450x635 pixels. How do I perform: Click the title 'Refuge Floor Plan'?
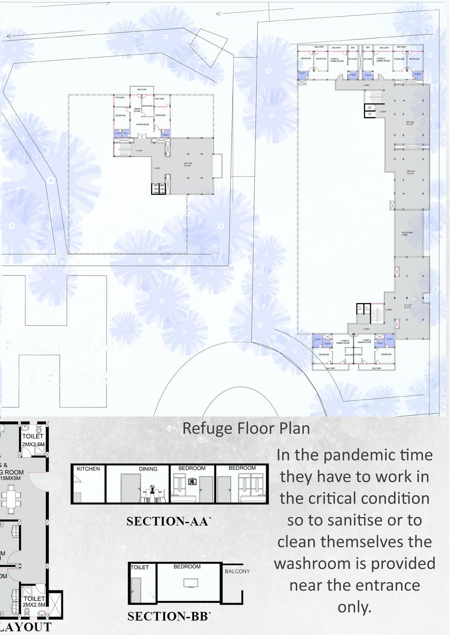point(246,428)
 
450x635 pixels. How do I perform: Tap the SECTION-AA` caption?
point(168,521)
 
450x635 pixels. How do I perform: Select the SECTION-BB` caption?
point(169,616)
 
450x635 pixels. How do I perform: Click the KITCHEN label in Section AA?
point(88,469)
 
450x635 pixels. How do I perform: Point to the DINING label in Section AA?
point(148,469)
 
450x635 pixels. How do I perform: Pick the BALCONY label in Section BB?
point(237,571)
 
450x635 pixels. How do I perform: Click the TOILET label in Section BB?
point(140,567)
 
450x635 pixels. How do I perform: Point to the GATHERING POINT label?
point(407,234)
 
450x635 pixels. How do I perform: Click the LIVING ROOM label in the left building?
point(142,124)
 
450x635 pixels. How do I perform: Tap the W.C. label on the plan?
point(126,133)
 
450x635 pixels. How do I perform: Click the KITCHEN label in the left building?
point(120,97)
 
